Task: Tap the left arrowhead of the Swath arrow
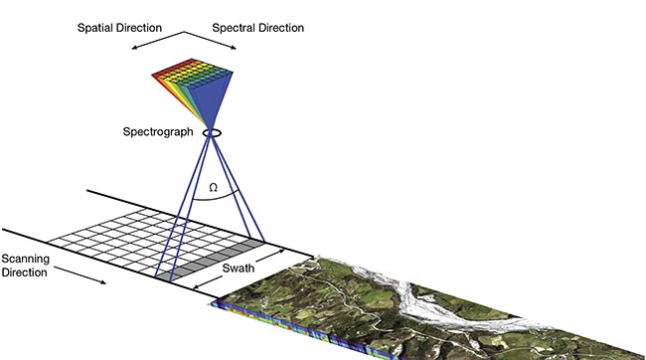[x=197, y=290]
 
